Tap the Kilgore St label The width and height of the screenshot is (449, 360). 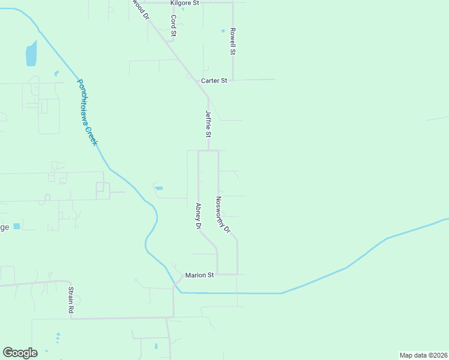[184, 3]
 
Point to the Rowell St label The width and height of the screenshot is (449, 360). [232, 41]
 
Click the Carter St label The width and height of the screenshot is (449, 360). [214, 80]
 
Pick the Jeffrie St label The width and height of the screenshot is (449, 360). [208, 123]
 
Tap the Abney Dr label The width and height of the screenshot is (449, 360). [198, 216]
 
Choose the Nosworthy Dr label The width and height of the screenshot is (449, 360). [223, 214]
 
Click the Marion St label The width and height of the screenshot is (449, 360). [199, 275]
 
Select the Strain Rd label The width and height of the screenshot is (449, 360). [70, 301]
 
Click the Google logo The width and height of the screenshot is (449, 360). [20, 353]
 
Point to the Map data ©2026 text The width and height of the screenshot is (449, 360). [423, 355]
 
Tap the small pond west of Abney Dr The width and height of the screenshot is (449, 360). [158, 188]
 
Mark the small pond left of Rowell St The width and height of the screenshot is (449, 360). [223, 31]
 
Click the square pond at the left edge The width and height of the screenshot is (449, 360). [16, 226]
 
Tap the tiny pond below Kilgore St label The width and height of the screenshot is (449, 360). [183, 9]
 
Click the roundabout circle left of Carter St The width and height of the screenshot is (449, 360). [188, 77]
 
